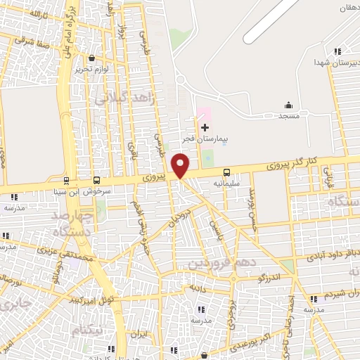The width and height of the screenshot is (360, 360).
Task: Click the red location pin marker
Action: pyautogui.click(x=181, y=166)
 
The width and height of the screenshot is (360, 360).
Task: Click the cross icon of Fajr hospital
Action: pyautogui.click(x=205, y=127)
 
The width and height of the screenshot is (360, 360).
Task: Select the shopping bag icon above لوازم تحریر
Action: pyautogui.click(x=92, y=59)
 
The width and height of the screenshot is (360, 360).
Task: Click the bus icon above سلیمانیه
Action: pyautogui.click(x=226, y=172)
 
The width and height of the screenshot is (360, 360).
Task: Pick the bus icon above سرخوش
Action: pyautogui.click(x=96, y=180)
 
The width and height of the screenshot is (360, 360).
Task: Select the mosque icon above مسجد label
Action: pyautogui.click(x=288, y=105)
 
